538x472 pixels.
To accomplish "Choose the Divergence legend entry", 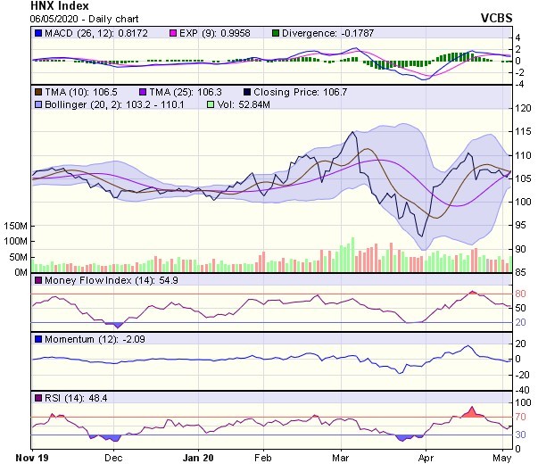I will [x=335, y=34].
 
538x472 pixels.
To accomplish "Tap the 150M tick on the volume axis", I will [x=15, y=228].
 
